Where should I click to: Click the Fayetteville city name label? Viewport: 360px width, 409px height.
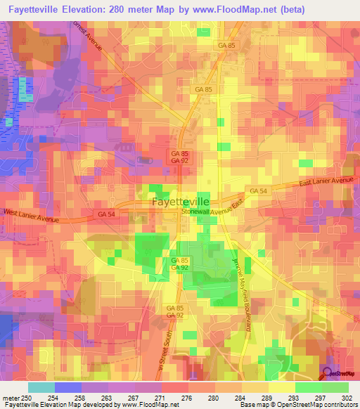180,202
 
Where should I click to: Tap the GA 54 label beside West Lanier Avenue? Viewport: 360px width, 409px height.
106,214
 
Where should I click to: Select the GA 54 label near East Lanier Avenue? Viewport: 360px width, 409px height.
257,191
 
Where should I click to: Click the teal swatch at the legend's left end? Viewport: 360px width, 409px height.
41,387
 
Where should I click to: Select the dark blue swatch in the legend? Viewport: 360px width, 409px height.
68,387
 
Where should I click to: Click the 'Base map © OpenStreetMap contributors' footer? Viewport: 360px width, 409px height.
297,405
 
